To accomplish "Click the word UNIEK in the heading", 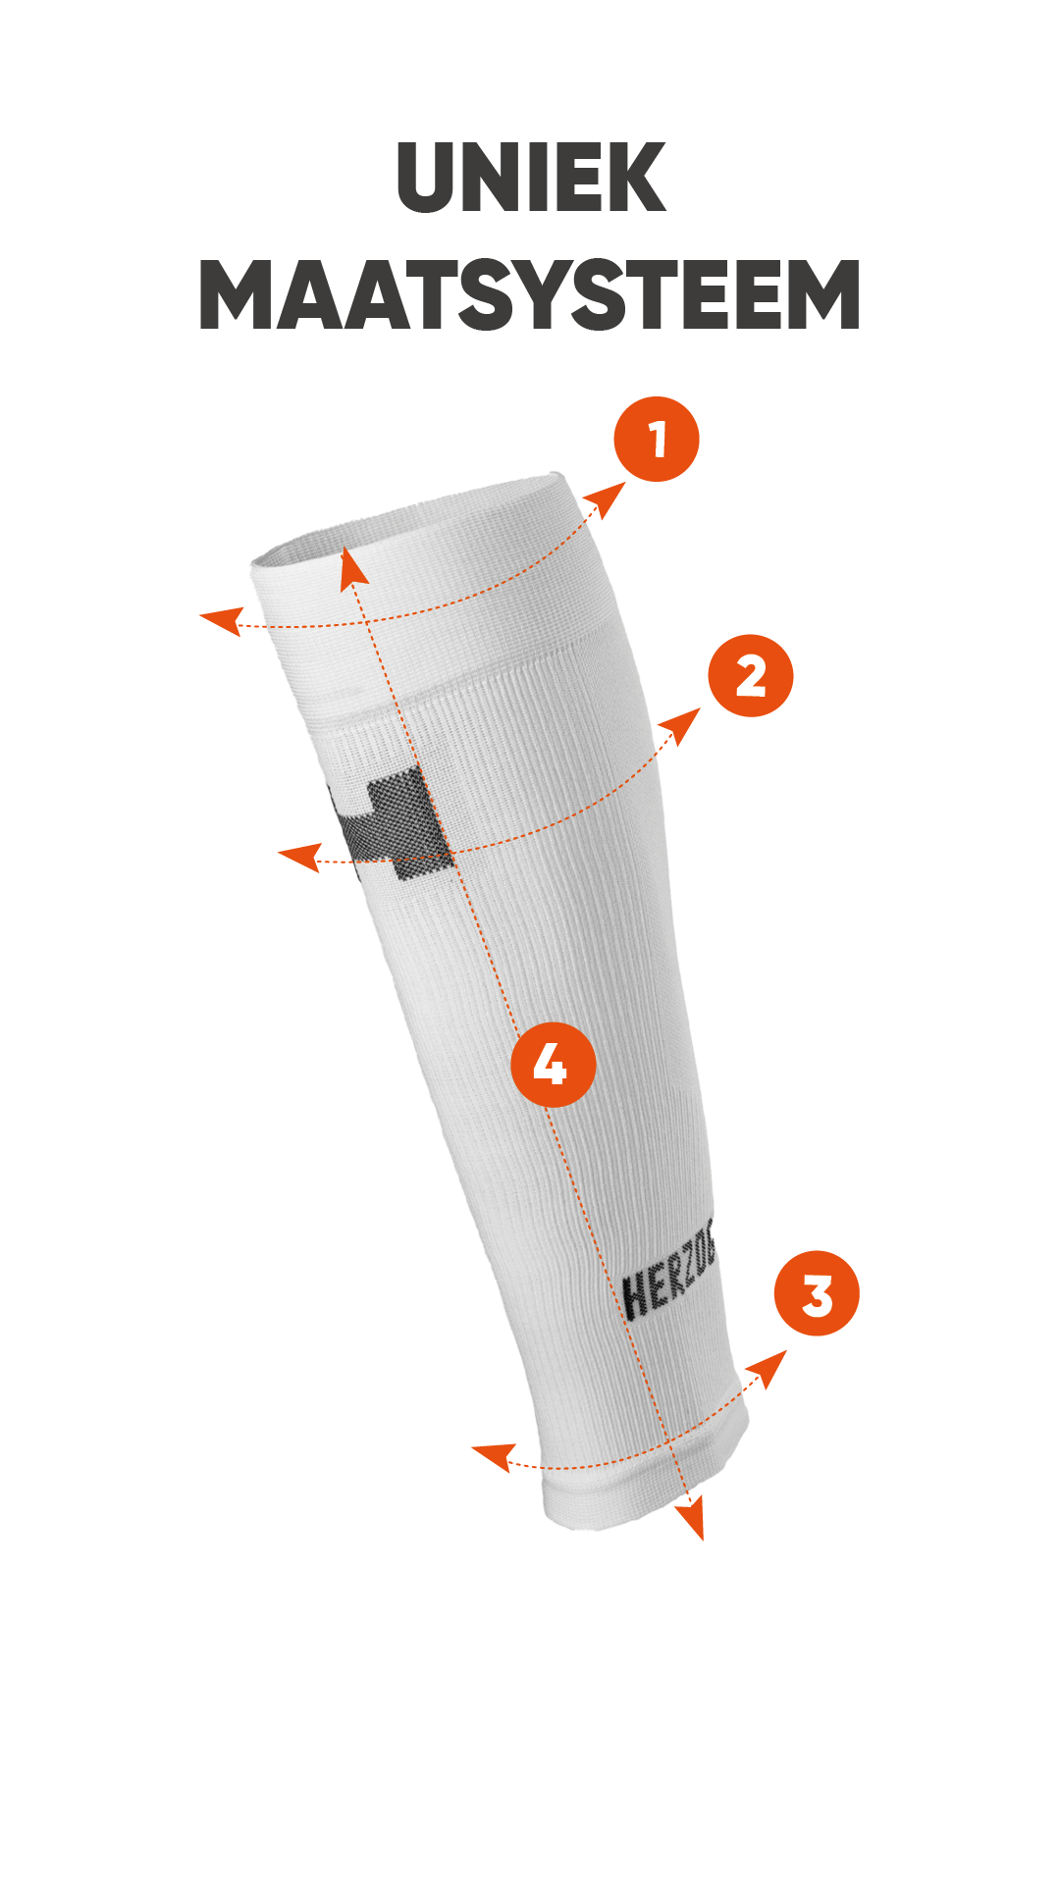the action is click(531, 178).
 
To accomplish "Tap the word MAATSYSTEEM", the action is click(530, 294).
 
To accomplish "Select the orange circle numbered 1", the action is click(657, 439).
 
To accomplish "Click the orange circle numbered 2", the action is click(751, 676).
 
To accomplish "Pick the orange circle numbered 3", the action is click(817, 1293).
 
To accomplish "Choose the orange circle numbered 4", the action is click(554, 1065).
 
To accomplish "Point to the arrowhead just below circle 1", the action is click(607, 499).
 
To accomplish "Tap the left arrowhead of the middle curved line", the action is click(300, 857).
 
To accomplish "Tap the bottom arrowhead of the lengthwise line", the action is click(692, 1518).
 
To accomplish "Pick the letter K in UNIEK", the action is click(636, 178).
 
